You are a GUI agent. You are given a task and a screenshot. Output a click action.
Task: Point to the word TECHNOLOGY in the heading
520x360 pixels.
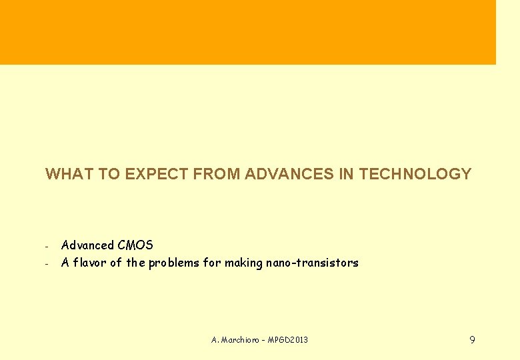415,175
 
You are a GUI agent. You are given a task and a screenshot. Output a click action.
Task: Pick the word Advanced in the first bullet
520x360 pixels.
87,245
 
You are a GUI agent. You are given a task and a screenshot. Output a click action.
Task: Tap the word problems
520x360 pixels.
174,263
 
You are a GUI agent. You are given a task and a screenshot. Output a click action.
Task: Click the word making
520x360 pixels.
243,263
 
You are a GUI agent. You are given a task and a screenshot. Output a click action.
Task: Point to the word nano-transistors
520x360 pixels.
312,263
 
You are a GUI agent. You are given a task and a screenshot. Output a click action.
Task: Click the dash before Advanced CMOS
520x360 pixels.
47,247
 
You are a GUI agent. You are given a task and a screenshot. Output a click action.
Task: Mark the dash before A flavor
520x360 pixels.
47,264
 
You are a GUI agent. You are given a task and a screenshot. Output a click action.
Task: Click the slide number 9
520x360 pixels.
472,340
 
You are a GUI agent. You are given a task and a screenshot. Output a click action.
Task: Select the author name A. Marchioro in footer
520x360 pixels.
233,340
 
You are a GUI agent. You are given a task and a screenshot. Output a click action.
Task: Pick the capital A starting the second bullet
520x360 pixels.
65,263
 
